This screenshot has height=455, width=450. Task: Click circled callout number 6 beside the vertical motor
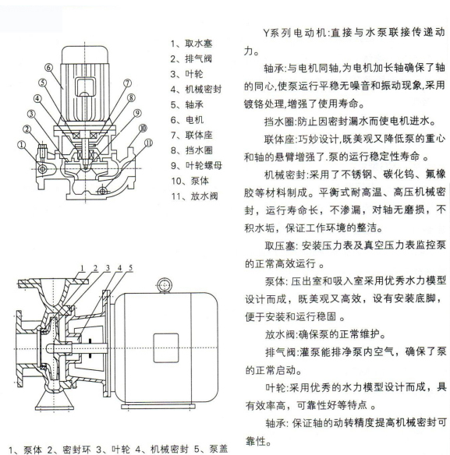(x=49, y=68)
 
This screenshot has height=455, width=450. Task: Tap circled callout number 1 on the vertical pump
(x=22, y=145)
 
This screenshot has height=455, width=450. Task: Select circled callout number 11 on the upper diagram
(x=148, y=143)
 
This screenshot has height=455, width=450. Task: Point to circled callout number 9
(x=137, y=113)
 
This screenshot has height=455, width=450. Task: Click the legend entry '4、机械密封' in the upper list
(x=196, y=89)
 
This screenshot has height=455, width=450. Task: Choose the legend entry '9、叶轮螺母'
(x=197, y=165)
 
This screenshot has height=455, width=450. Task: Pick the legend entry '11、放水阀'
(x=194, y=196)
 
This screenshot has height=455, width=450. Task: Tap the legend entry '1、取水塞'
(x=191, y=44)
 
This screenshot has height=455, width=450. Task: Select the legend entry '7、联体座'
(x=192, y=135)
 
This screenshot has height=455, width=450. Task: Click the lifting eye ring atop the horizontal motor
(x=164, y=285)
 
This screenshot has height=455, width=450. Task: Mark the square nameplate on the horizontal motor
(x=166, y=348)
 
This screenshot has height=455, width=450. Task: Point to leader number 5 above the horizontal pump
(x=130, y=268)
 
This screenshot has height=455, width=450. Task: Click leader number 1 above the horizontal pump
(x=82, y=268)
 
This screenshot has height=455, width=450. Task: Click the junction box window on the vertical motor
(x=85, y=86)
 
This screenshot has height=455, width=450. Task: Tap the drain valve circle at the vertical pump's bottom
(x=102, y=191)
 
